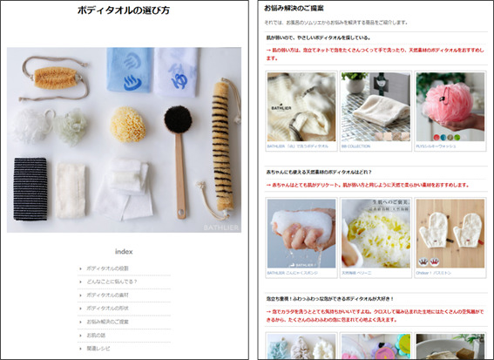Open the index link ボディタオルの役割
point(107,268)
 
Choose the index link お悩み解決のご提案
point(111,322)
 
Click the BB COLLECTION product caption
point(356,146)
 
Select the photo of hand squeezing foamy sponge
point(301,233)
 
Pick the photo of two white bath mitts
point(450,233)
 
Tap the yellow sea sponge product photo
point(375,233)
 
